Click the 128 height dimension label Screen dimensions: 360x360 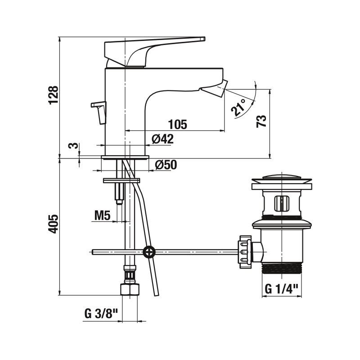54,95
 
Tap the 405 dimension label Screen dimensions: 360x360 54,224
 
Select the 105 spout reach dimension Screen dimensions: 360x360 178,125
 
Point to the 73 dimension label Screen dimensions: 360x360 261,121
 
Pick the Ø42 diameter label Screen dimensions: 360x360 162,139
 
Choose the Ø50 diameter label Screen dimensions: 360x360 166,165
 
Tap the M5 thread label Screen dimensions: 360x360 103,216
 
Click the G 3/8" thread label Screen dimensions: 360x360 101,314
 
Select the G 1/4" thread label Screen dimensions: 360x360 282,288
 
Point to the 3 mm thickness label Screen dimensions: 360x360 72,145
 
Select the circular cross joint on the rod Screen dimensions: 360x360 149,252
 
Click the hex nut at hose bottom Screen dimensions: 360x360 130,289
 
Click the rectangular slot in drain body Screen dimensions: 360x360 282,203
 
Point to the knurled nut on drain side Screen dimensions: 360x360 245,252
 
